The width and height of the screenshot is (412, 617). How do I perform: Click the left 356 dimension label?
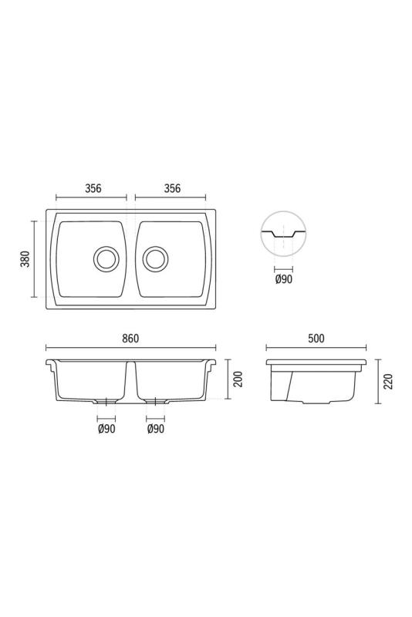click(93, 188)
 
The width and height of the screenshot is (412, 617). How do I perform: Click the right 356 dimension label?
click(171, 188)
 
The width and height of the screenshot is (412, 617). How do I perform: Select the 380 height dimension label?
click(25, 258)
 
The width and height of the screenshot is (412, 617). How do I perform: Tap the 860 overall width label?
click(130, 339)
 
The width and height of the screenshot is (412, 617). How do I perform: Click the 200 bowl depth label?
click(238, 379)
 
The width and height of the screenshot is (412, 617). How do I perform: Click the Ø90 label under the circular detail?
click(283, 279)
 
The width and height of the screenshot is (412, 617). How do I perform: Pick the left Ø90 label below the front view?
click(106, 430)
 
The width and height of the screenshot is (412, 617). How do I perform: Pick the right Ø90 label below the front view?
click(156, 430)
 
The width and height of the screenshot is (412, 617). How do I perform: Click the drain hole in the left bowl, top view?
click(106, 258)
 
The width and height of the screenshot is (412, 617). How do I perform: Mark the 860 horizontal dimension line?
click(130, 348)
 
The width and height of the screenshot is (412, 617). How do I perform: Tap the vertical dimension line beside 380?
click(35, 258)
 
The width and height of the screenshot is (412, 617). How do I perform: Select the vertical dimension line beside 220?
click(377, 383)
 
